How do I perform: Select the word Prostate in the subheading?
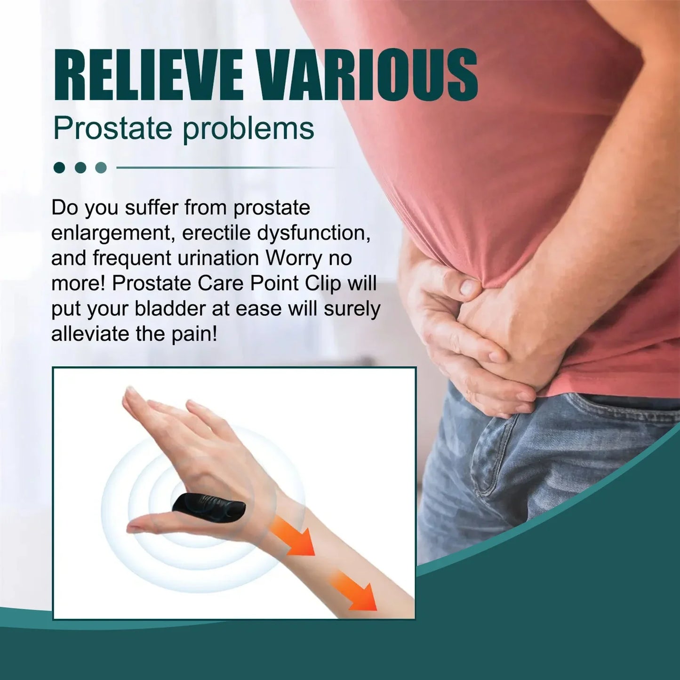(x=112, y=128)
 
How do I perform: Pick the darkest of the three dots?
(x=59, y=168)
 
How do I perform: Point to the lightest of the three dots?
(x=101, y=168)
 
